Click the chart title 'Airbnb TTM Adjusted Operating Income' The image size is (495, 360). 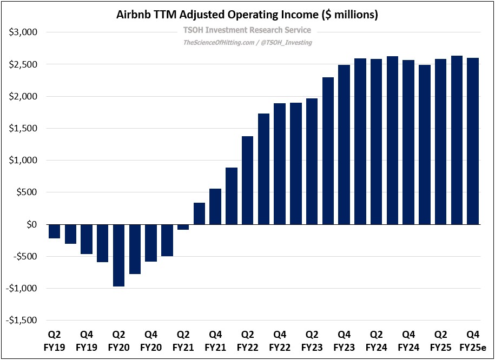pos(247,15)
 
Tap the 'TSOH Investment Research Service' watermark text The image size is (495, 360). pos(247,30)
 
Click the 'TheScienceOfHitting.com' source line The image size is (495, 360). pos(247,42)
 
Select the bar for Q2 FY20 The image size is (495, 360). pos(118,255)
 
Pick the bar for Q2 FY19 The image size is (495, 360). pos(54,231)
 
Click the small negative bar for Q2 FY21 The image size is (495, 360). pos(183,227)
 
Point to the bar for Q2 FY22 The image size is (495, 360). pos(247,180)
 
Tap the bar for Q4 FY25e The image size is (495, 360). pos(473,141)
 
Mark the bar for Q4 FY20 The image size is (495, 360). pos(151,243)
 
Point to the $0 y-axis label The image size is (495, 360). pos(29,224)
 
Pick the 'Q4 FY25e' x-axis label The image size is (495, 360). pos(473,340)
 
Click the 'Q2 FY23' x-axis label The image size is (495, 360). pos(312,340)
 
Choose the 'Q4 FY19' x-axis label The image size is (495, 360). pos(87,340)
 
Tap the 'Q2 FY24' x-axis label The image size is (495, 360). pos(376,340)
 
